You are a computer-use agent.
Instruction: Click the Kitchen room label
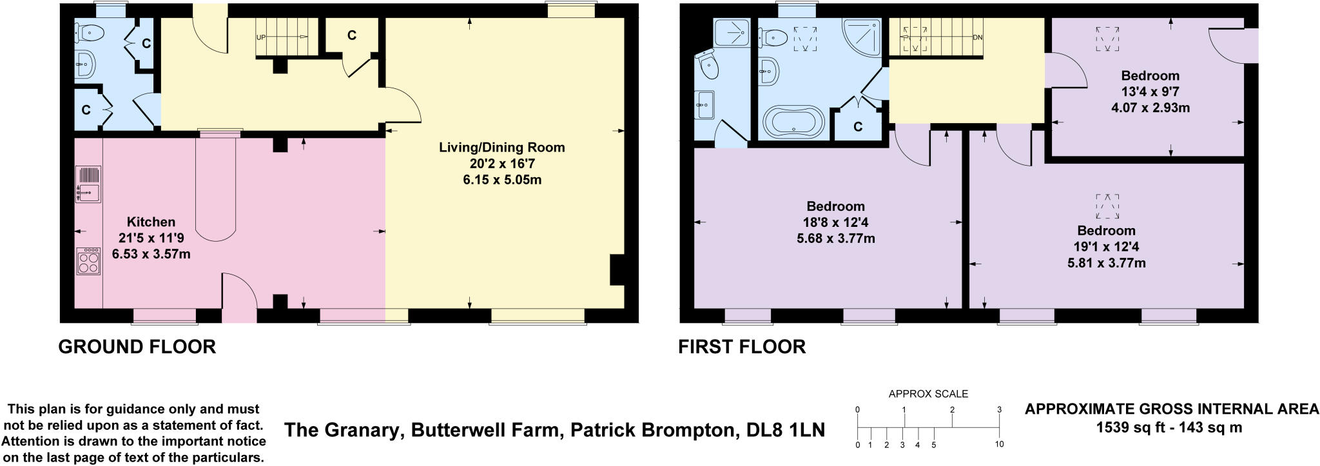pyautogui.click(x=150, y=222)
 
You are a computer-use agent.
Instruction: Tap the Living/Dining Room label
pyautogui.click(x=501, y=147)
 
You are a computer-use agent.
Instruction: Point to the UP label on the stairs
pyautogui.click(x=261, y=37)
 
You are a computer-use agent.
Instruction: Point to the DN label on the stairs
pyautogui.click(x=977, y=37)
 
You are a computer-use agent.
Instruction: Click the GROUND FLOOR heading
pyautogui.click(x=137, y=347)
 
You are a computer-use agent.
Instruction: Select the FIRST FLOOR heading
pyautogui.click(x=741, y=347)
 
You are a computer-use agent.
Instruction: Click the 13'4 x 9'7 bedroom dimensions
pyautogui.click(x=1150, y=92)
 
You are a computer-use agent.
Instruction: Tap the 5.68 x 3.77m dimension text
pyautogui.click(x=835, y=239)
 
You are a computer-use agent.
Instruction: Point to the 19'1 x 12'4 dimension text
pyautogui.click(x=1106, y=247)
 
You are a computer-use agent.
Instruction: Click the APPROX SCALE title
pyautogui.click(x=928, y=394)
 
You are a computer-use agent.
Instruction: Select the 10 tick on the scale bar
pyautogui.click(x=999, y=444)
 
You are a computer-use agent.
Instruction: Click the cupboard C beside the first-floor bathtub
pyautogui.click(x=857, y=127)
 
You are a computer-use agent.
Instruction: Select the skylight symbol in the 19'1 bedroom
pyautogui.click(x=1107, y=206)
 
